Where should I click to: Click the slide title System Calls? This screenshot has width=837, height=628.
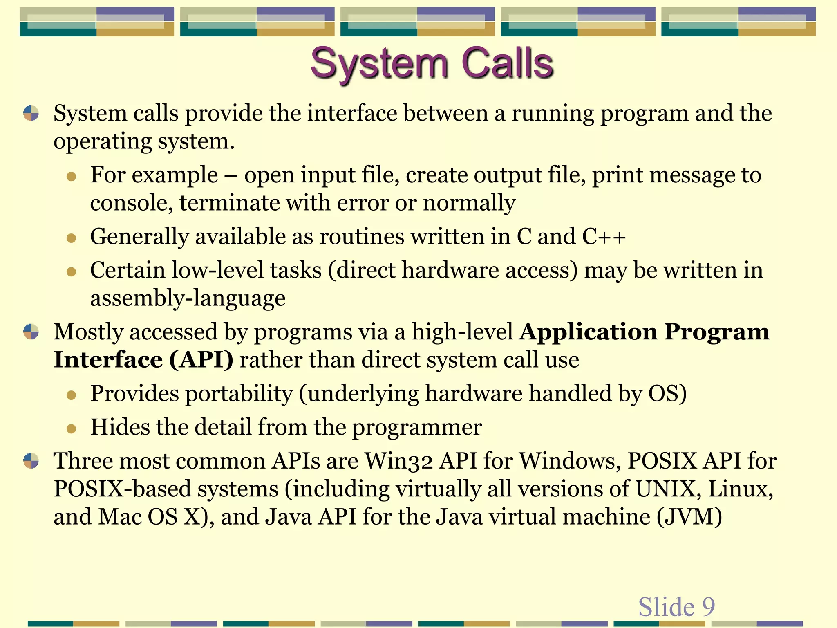tap(432, 63)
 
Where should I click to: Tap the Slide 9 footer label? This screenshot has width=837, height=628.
tap(676, 606)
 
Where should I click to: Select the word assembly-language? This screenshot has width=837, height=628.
tap(188, 298)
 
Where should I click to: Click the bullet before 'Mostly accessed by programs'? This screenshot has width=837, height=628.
tap(31, 332)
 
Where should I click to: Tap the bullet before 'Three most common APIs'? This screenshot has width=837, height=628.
tap(31, 461)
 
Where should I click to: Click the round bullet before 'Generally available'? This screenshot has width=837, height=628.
tap(72, 238)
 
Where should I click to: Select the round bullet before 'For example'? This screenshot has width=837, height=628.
tap(72, 176)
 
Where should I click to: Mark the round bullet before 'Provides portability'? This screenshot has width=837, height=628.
tap(72, 395)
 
